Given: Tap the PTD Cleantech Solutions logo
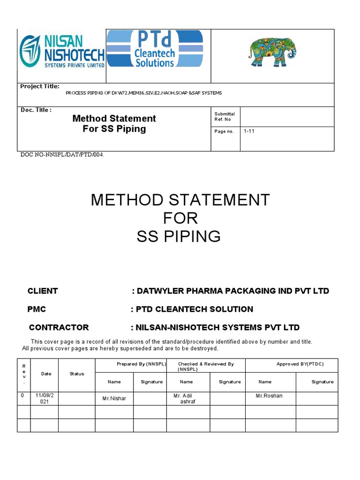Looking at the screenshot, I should click(155, 49).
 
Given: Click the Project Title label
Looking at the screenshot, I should click(40, 86).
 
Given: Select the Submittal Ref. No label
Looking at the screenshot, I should click(225, 116).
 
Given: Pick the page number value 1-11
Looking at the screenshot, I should click(248, 131).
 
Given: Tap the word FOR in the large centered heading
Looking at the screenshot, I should click(180, 218).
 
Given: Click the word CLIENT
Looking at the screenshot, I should click(43, 291).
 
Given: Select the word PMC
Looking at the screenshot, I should click(37, 309).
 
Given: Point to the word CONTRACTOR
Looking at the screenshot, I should click(59, 327).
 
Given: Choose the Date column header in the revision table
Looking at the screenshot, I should click(46, 374).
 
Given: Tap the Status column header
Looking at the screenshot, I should click(77, 374).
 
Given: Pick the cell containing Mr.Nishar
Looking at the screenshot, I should click(114, 398).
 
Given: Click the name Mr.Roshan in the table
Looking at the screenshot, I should click(269, 396).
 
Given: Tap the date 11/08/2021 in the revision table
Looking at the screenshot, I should click(45, 398).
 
